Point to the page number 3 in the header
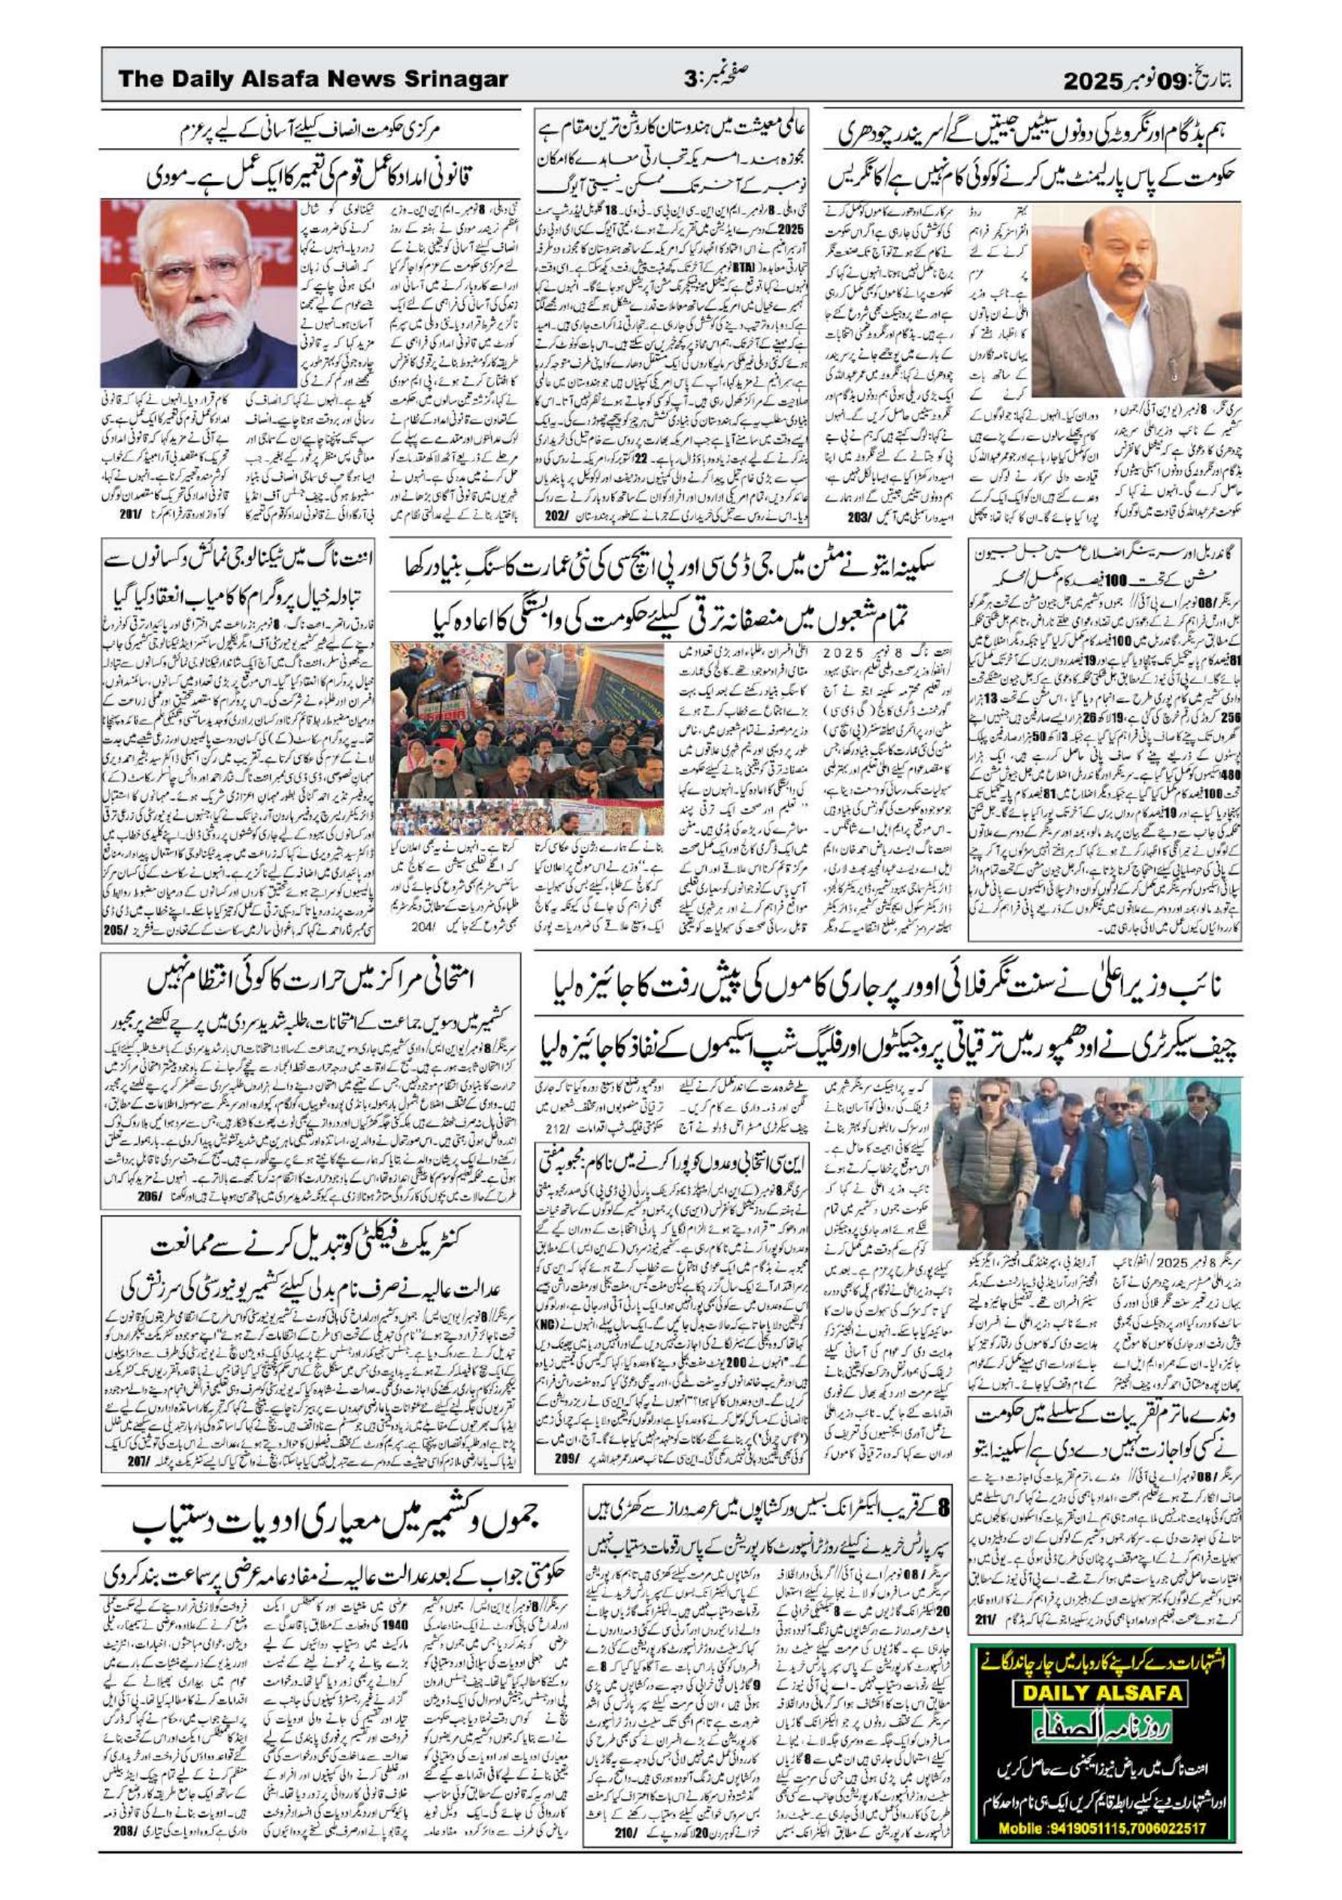click(x=690, y=80)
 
